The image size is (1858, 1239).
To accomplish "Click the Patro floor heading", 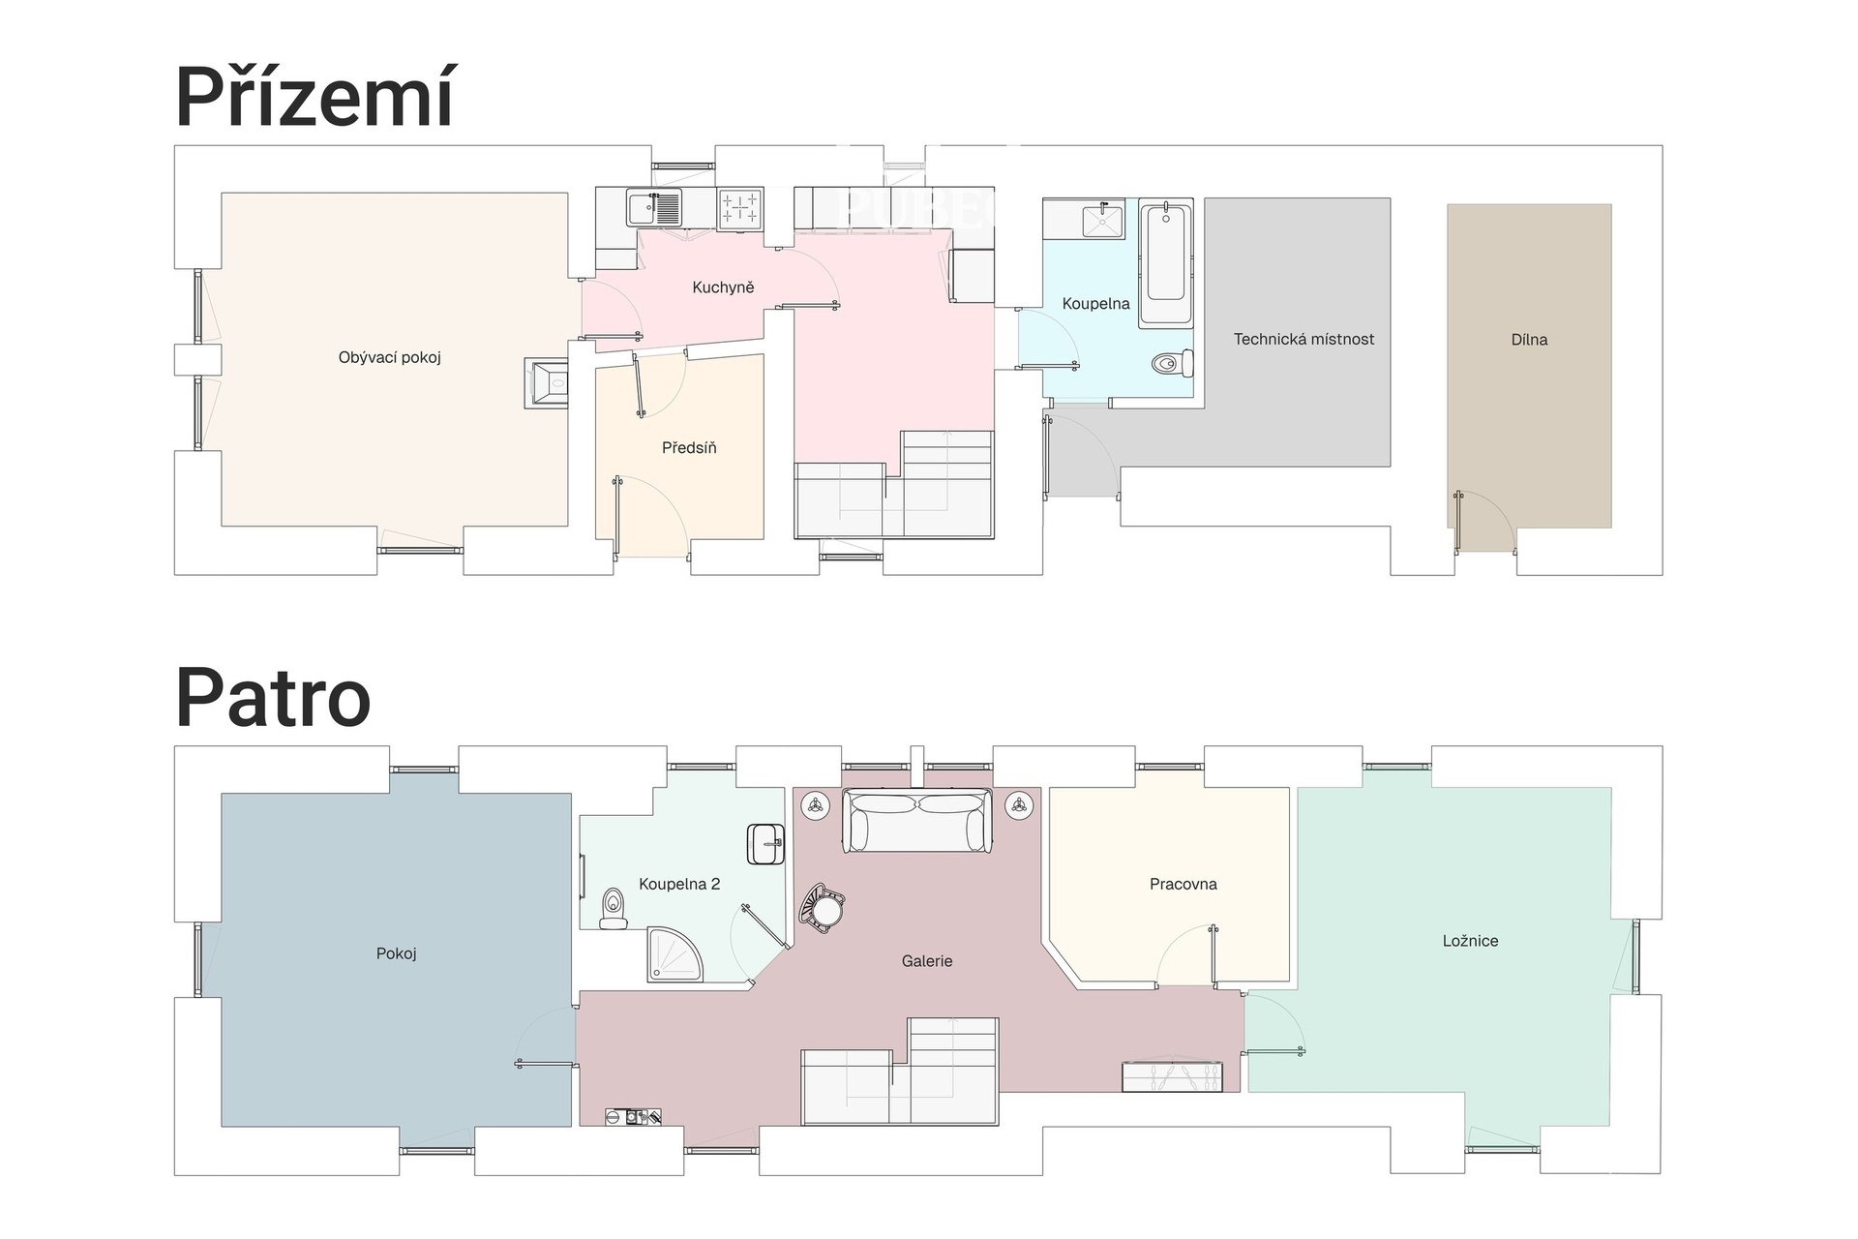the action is (x=273, y=697).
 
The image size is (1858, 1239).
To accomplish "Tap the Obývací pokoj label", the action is (x=389, y=357).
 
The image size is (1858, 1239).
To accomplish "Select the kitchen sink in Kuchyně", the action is (x=654, y=208).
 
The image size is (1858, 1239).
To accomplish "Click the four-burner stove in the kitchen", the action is (x=740, y=208).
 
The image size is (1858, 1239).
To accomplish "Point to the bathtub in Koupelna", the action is (x=1165, y=261).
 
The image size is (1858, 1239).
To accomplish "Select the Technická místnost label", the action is (x=1304, y=339).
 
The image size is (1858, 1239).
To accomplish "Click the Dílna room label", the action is (x=1529, y=340).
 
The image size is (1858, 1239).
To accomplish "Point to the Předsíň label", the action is (x=689, y=447).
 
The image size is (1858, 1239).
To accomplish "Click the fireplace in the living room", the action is (x=547, y=383).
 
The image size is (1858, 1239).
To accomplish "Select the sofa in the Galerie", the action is (x=917, y=820).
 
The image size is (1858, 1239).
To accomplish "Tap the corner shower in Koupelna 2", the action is (x=674, y=955).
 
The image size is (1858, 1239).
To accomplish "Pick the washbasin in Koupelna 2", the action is (x=766, y=844).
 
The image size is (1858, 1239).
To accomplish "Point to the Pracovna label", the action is (x=1183, y=884).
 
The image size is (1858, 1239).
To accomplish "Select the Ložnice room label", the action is (x=1470, y=941).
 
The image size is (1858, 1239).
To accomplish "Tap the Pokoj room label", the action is (x=396, y=953).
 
